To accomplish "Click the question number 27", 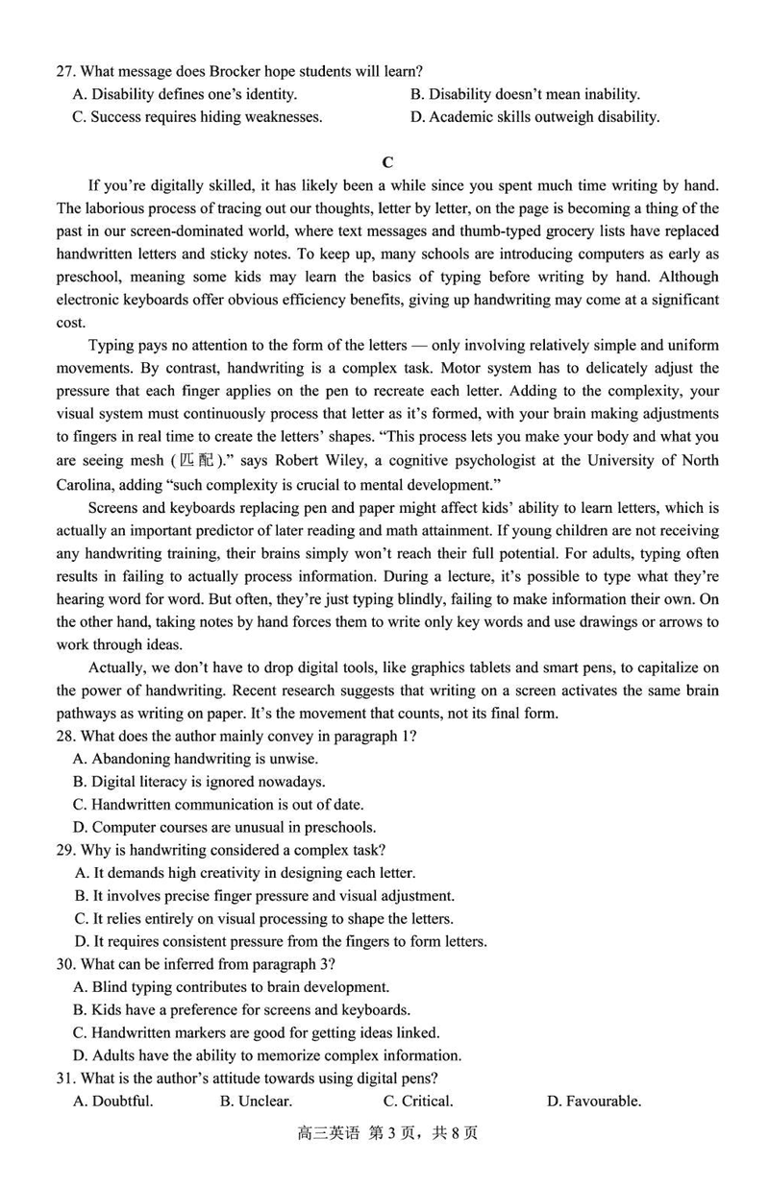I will click(x=65, y=71).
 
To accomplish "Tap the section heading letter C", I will click(x=387, y=162).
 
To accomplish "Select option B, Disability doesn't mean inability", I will click(x=525, y=94).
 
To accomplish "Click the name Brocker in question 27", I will click(x=226, y=71).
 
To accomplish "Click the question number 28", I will click(x=65, y=737).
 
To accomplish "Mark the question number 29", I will click(x=65, y=850).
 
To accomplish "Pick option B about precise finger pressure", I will click(x=264, y=896).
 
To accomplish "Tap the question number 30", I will click(x=65, y=964).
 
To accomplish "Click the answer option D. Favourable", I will click(x=593, y=1102).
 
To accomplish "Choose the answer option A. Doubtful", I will click(x=112, y=1102).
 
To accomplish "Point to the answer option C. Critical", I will click(x=417, y=1102).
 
